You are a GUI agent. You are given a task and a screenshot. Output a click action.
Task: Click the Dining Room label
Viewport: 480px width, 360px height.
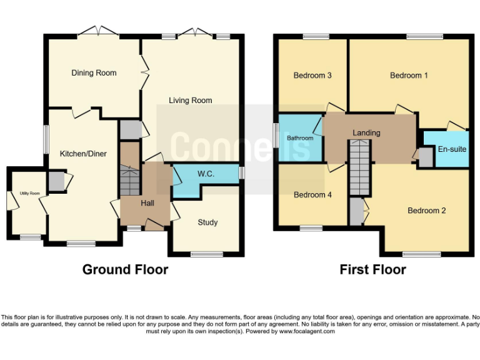tap(94, 73)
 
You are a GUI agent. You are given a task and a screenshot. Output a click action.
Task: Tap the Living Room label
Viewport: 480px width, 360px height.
tap(191, 100)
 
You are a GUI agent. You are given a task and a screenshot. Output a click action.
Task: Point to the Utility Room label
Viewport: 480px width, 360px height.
tap(29, 193)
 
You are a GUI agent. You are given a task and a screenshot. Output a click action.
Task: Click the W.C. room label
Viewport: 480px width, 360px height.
tap(206, 174)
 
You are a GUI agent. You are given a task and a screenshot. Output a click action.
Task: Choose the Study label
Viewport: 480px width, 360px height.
tap(207, 222)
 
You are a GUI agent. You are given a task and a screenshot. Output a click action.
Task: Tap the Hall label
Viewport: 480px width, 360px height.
tap(147, 203)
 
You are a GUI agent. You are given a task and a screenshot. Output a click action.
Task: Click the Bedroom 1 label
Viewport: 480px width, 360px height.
tap(409, 76)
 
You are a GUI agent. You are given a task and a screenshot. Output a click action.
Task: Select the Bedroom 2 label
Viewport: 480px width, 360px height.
tap(426, 211)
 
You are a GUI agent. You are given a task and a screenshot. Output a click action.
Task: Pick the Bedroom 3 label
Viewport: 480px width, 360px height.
tap(312, 76)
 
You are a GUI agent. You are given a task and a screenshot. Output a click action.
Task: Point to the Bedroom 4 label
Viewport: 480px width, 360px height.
tap(312, 195)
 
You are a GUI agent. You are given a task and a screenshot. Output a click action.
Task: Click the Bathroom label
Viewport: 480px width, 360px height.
tap(300, 138)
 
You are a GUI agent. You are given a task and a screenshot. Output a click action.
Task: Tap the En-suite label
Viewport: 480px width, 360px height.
tap(451, 149)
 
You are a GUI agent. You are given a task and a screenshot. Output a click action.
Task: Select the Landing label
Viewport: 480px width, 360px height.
tap(366, 133)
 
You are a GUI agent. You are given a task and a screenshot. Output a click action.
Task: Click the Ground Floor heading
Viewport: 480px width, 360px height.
tap(125, 270)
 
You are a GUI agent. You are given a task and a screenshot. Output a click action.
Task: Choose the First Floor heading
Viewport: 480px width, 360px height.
tap(372, 270)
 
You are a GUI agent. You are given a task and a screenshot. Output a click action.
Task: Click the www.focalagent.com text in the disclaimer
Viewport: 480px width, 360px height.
tap(307, 331)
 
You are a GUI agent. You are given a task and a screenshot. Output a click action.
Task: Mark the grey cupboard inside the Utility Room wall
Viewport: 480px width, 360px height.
tap(56, 182)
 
